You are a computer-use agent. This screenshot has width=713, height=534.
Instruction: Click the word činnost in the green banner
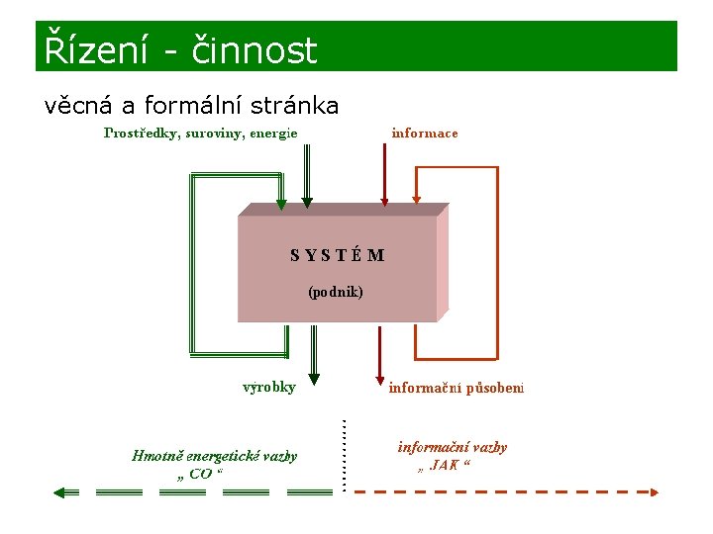pos(251,49)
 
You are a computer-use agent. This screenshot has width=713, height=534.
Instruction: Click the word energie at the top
pos(274,133)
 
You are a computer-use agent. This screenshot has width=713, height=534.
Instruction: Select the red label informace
pos(425,133)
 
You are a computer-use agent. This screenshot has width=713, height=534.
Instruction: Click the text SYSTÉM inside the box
pos(338,255)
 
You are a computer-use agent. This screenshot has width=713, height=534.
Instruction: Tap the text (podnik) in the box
pos(336,292)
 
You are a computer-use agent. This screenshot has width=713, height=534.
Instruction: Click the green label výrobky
pos(269,388)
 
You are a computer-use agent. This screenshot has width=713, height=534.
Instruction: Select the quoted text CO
pos(199,475)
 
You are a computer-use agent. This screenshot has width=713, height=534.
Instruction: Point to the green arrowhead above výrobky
pos(315,376)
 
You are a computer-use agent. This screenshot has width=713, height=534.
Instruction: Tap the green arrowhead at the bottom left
pos(61,491)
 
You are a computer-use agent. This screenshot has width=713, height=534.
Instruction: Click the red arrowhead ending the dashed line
pos(655,490)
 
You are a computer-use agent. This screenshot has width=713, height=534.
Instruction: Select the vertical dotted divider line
pos(344,455)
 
